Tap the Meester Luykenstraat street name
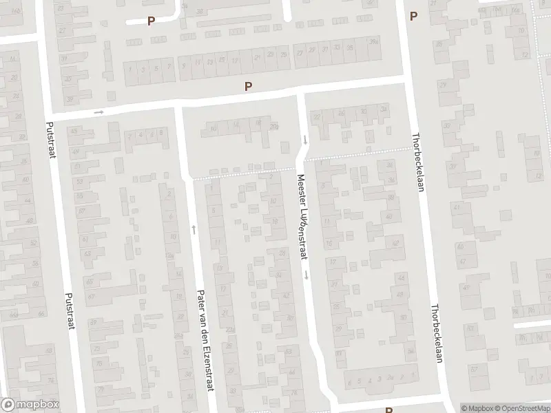click(301, 216)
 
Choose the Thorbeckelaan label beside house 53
click(435, 333)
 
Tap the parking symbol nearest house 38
click(151, 21)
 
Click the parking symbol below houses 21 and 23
click(249, 86)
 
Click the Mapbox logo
click(30, 405)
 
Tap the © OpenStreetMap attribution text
click(521, 407)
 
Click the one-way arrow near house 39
click(98, 112)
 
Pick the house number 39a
click(374, 42)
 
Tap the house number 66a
click(14, 315)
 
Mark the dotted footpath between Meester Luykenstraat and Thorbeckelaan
click(358, 153)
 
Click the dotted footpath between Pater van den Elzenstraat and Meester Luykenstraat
click(241, 173)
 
